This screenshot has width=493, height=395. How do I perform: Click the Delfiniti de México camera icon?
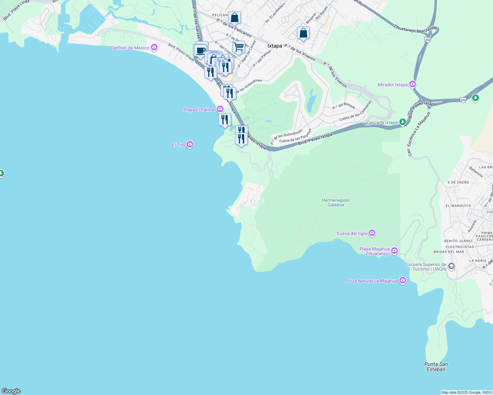(154, 48)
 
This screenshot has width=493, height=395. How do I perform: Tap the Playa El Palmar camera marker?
(220, 109)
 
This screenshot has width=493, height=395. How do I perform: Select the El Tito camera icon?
(189, 145)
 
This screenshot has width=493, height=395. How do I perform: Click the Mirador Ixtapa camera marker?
(412, 85)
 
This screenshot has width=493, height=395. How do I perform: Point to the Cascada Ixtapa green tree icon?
(402, 122)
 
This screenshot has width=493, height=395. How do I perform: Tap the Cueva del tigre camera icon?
(372, 233)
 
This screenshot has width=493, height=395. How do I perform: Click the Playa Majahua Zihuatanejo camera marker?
(394, 251)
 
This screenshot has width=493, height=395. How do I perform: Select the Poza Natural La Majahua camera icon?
(402, 280)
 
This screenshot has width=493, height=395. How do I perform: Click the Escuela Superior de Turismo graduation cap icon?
(451, 266)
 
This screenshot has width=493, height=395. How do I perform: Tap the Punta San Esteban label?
(436, 367)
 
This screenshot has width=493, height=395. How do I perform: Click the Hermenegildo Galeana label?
(335, 202)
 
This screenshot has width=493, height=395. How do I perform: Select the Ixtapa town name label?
(275, 46)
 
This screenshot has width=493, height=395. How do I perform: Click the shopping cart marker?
(239, 47)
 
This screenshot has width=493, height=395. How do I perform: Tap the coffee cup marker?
(200, 50)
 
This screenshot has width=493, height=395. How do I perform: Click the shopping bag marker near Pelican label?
(234, 17)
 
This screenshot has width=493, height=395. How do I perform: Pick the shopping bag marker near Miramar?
(303, 33)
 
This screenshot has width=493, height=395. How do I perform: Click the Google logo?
(11, 391)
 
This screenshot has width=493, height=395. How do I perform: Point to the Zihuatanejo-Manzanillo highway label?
(415, 29)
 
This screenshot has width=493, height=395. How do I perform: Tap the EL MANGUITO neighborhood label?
(458, 206)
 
